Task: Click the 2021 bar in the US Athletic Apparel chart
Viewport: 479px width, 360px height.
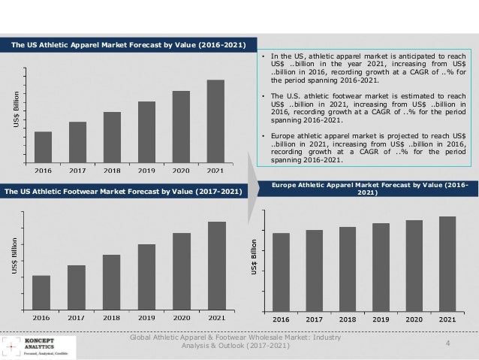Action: coord(215,120)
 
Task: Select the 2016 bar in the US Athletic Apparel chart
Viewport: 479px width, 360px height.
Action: coord(43,146)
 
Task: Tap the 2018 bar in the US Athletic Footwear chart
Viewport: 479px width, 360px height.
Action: coord(111,282)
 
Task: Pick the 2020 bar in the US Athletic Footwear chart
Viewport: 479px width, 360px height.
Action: coord(182,271)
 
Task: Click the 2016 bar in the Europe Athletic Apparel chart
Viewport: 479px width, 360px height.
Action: coord(281,272)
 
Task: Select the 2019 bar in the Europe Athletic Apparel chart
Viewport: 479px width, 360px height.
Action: coord(381,267)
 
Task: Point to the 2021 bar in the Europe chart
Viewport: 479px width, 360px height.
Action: coord(447,264)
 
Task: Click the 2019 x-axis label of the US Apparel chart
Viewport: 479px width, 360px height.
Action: coord(146,170)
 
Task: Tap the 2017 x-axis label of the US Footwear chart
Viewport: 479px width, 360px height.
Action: coord(76,318)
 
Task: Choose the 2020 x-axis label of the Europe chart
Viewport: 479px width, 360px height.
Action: coord(414,319)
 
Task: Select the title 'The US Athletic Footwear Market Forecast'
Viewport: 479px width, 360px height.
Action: coord(123,192)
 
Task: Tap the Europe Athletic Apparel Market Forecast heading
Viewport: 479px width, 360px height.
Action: coord(366,188)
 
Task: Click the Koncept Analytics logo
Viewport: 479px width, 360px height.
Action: coord(38,345)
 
